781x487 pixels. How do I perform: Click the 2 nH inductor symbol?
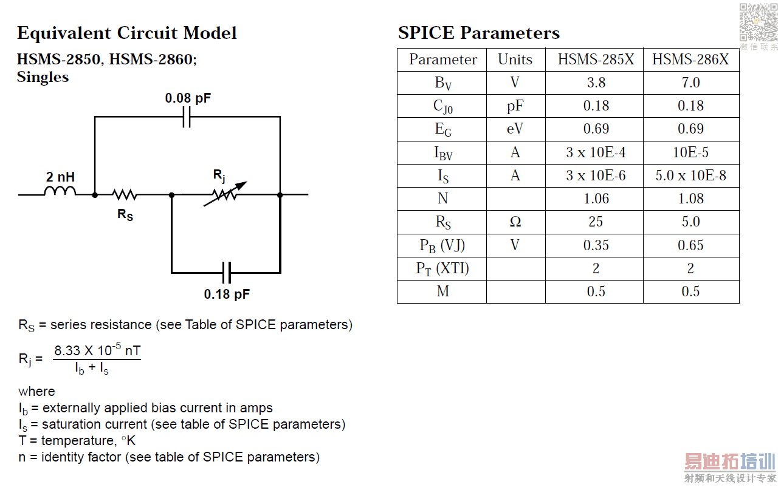click(x=60, y=191)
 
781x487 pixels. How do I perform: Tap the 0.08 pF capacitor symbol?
click(x=187, y=117)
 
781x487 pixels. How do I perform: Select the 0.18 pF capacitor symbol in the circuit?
click(x=227, y=273)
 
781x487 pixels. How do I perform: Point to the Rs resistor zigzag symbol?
click(x=125, y=195)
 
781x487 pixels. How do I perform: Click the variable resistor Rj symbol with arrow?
click(x=225, y=194)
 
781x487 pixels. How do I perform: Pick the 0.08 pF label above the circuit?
click(x=188, y=98)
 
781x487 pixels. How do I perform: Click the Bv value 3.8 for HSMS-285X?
click(x=596, y=83)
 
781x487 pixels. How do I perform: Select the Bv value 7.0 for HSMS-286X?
click(x=690, y=83)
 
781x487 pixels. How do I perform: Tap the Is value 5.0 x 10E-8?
click(x=690, y=175)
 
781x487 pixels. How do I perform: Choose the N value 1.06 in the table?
click(x=596, y=199)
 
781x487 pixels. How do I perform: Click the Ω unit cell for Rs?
click(x=515, y=222)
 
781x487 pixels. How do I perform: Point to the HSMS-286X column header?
click(x=690, y=60)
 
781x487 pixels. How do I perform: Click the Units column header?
click(x=515, y=60)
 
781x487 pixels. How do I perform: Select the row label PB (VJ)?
click(x=442, y=245)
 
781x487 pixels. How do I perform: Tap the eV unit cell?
click(x=515, y=129)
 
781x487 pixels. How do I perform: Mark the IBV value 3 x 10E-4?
click(x=596, y=152)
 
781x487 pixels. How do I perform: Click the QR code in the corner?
click(x=759, y=22)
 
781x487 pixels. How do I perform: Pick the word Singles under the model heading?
click(x=43, y=77)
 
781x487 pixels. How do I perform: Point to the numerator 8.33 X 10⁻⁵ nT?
click(x=97, y=350)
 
